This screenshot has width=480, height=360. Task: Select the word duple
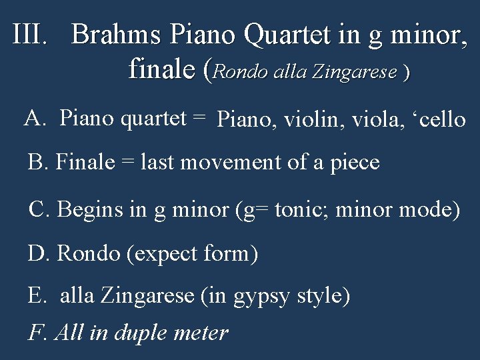pos(142,333)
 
